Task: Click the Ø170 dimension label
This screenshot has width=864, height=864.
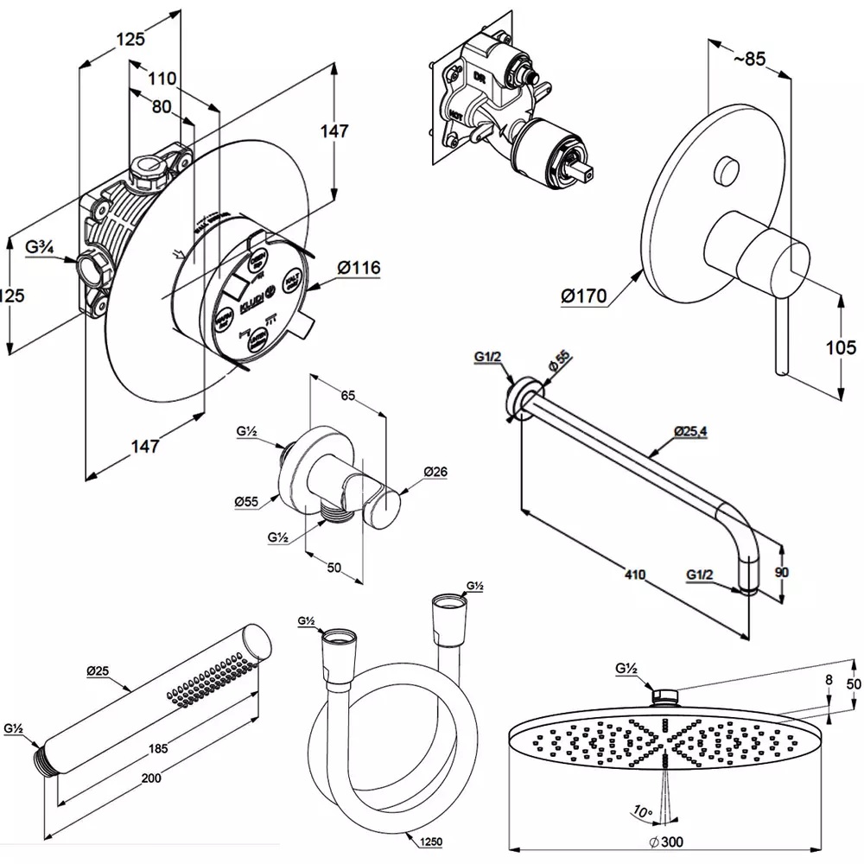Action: (583, 296)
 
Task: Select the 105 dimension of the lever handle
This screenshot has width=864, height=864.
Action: (840, 347)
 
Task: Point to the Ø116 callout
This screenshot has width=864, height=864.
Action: (354, 268)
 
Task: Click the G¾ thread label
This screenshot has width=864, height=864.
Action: (41, 248)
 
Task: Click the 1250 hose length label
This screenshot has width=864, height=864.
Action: (430, 843)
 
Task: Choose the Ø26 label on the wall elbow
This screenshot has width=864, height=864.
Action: (437, 473)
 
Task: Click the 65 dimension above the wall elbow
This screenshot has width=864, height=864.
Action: (347, 396)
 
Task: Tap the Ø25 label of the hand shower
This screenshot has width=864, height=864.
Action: (98, 670)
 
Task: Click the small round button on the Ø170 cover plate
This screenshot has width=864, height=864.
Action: (726, 171)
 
